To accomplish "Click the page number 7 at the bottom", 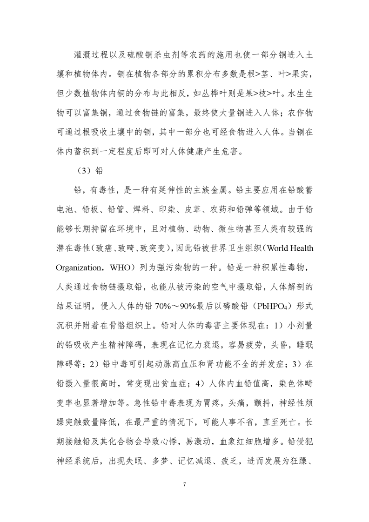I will [185, 485].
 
